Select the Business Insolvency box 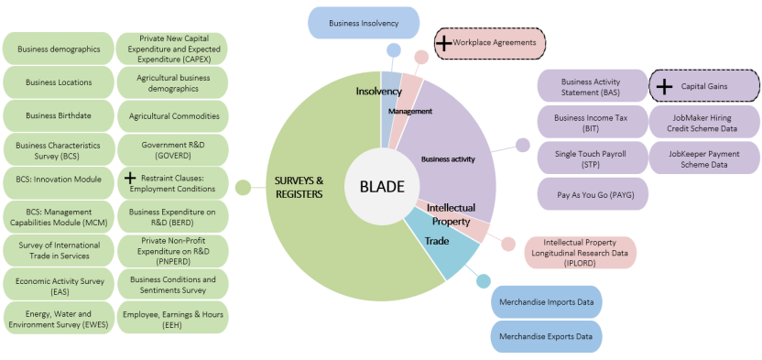tap(363, 22)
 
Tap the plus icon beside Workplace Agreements tap(443, 43)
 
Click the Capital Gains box tap(703, 86)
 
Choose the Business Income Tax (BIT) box tap(590, 123)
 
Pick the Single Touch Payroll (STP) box tap(590, 158)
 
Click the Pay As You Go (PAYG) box tap(590, 193)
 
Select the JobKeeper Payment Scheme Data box tap(703, 158)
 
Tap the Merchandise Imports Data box tap(547, 301)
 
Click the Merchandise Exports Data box tap(547, 336)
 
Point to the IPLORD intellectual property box tap(582, 252)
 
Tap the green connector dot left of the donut tap(243, 188)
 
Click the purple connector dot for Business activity tap(523, 145)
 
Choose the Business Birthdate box tap(59, 116)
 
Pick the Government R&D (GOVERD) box tap(172, 150)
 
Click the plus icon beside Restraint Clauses tap(129, 177)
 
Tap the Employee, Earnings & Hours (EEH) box tap(172, 317)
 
